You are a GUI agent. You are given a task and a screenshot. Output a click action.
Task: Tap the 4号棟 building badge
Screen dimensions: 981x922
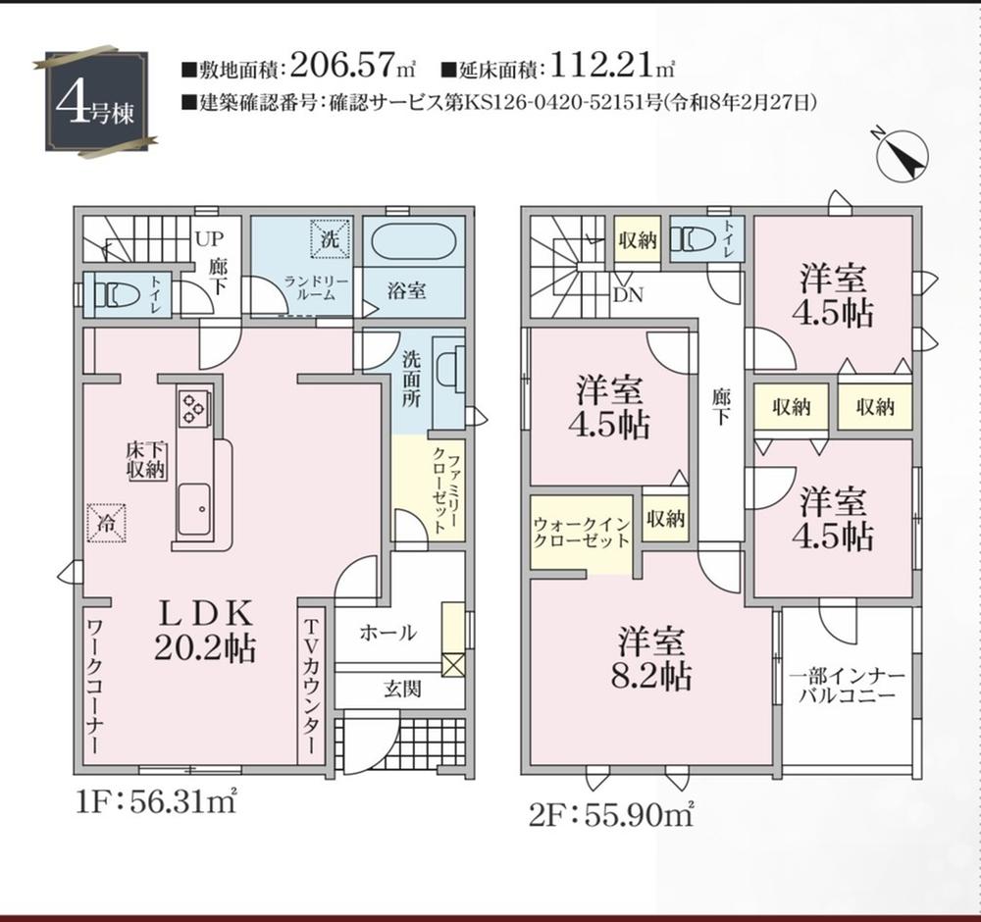(x=96, y=101)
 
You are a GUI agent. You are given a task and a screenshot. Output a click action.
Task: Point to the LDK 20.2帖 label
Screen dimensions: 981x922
(x=205, y=631)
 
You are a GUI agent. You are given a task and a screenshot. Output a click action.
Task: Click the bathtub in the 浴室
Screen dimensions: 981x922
(x=413, y=241)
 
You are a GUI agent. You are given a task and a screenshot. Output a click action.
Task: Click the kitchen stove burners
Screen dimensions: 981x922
(x=192, y=407)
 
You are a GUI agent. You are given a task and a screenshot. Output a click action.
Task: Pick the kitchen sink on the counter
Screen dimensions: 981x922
(x=192, y=510)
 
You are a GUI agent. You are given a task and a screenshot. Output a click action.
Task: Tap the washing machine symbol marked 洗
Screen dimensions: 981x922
(x=330, y=238)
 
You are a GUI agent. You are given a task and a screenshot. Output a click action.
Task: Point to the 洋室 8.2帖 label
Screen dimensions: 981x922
(x=651, y=658)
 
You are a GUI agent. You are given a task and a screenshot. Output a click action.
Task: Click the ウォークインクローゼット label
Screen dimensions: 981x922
(x=582, y=533)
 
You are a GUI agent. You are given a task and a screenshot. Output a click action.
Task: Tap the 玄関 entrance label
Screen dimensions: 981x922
(x=402, y=689)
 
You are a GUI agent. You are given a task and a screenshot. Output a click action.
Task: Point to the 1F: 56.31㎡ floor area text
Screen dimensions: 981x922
(x=156, y=801)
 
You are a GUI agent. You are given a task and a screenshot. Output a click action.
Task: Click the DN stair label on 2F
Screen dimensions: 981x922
(x=628, y=294)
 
